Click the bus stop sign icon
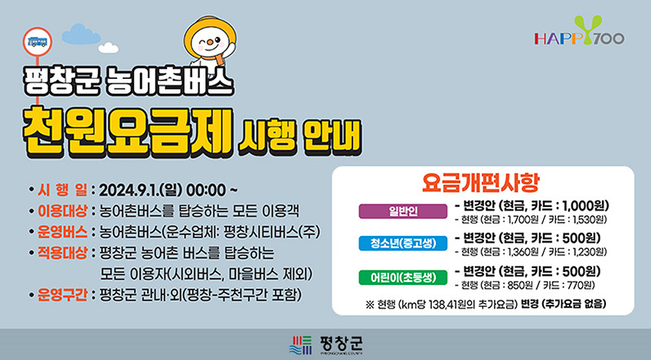click(x=37, y=41)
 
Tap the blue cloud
click(x=80, y=34)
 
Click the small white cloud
click(x=108, y=47)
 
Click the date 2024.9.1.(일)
click(x=140, y=190)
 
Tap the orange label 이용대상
click(x=62, y=211)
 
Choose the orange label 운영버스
click(x=62, y=231)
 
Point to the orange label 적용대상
click(x=62, y=253)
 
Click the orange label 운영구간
click(x=62, y=294)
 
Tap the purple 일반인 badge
click(x=403, y=211)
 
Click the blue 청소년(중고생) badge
click(x=403, y=244)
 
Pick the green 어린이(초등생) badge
click(x=403, y=277)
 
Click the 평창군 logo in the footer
click(x=326, y=345)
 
